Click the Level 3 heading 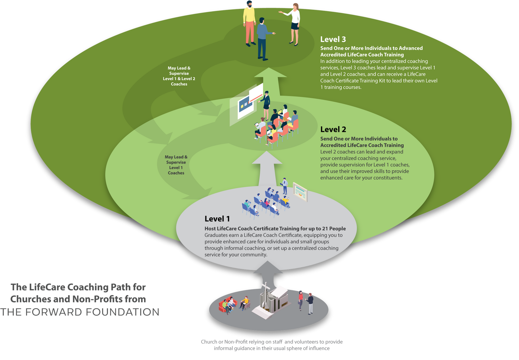(333, 39)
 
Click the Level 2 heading (333, 129)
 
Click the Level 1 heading (217, 219)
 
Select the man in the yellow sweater (249, 23)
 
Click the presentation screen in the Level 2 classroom (247, 104)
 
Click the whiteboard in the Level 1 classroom (300, 192)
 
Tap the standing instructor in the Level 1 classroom (284, 186)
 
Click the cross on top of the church (266, 287)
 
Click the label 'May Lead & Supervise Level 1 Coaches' (176, 165)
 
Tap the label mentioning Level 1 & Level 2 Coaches (179, 76)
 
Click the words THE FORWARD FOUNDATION (80, 312)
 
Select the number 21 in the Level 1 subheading (325, 229)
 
